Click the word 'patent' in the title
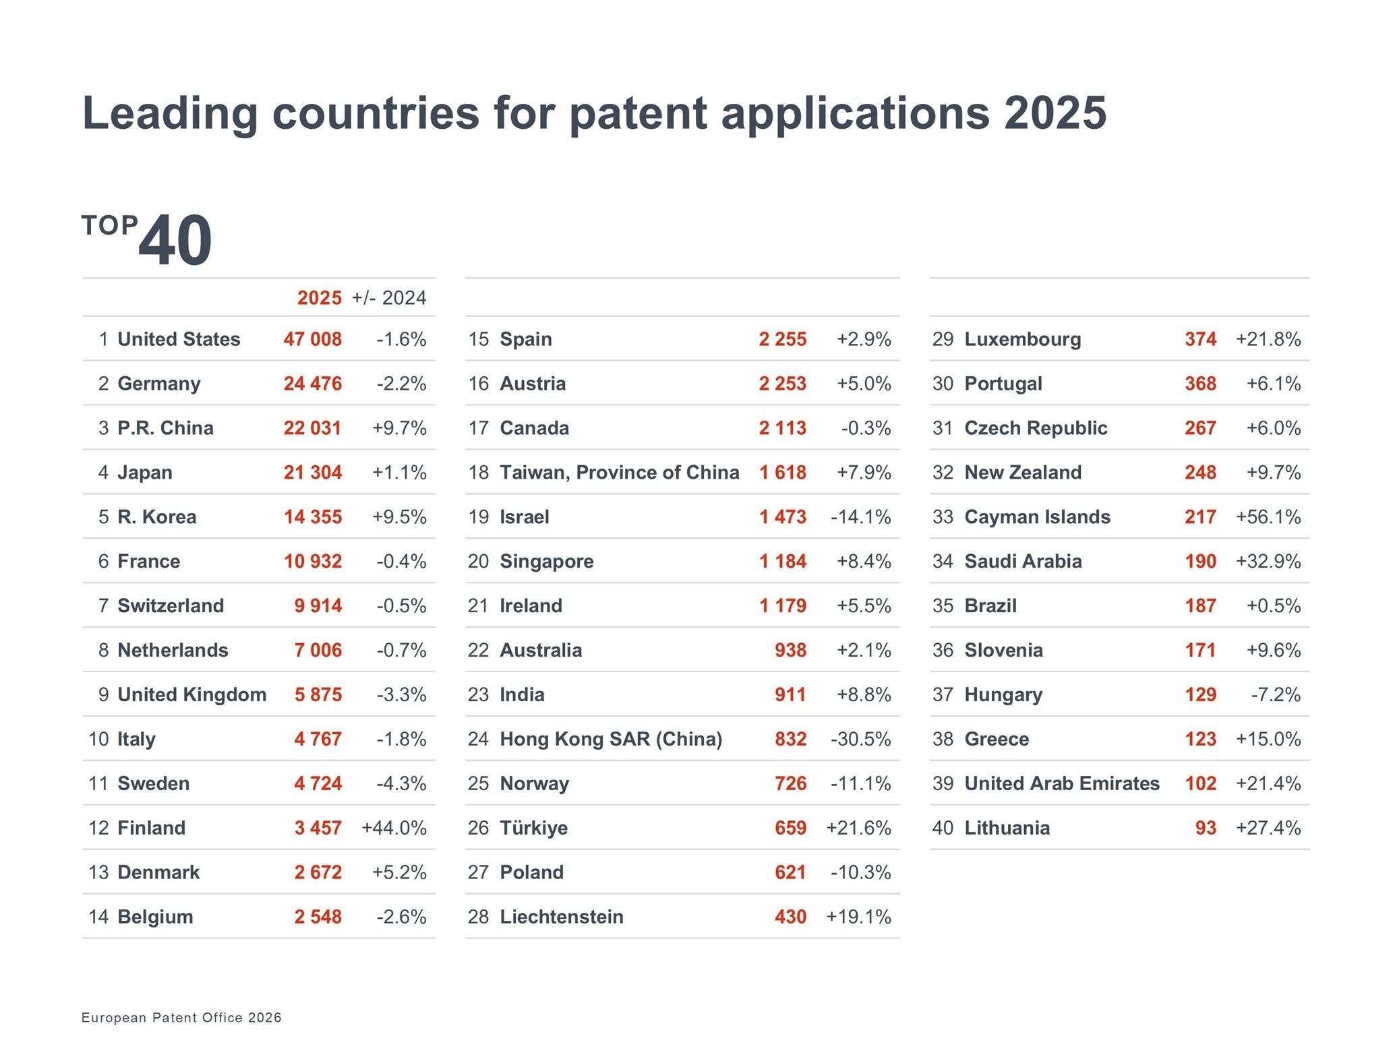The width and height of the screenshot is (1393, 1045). (x=639, y=113)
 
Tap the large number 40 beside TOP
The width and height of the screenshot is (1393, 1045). (x=175, y=241)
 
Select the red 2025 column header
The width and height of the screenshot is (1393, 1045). (x=320, y=298)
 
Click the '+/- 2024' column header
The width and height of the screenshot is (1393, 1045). (x=389, y=298)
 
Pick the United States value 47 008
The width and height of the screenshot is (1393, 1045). (x=312, y=339)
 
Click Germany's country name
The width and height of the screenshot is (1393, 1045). (x=159, y=384)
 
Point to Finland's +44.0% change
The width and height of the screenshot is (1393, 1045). (x=394, y=828)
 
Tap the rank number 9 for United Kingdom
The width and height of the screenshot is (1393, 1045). (x=103, y=694)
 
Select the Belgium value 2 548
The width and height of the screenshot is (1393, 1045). (x=318, y=917)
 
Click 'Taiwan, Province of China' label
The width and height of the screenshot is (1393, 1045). (x=619, y=473)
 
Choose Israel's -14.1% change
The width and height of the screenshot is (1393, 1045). (x=860, y=517)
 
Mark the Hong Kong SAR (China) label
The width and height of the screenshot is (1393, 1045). (x=611, y=739)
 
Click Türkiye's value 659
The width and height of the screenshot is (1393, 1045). (x=790, y=828)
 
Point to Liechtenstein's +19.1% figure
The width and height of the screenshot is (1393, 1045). (x=858, y=917)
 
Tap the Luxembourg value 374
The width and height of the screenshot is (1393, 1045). (x=1200, y=339)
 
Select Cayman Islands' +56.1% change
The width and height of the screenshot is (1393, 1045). (x=1268, y=517)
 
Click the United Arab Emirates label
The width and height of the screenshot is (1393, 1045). (x=1062, y=783)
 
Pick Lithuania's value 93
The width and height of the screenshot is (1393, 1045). (x=1206, y=828)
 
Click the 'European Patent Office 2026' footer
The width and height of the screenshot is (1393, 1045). (x=181, y=1017)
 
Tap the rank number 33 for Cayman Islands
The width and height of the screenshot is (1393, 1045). (x=943, y=517)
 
